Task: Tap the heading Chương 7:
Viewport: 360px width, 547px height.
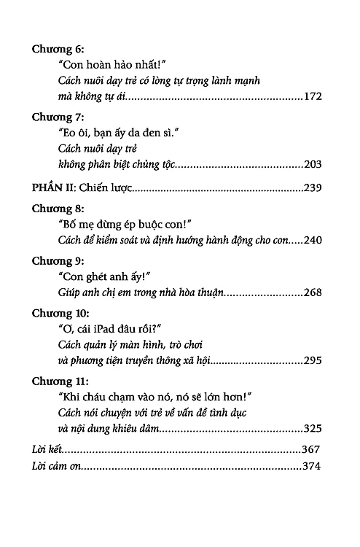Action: point(60,117)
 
